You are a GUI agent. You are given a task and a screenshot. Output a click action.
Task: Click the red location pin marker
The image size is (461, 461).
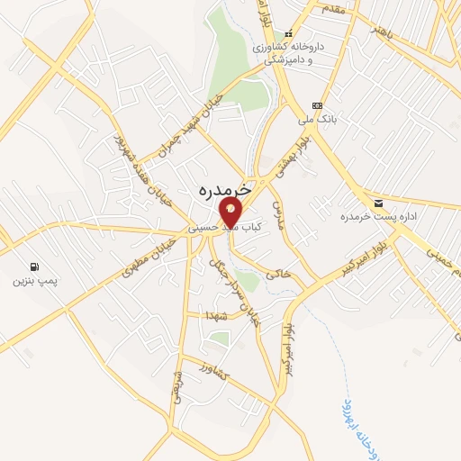point(230,213)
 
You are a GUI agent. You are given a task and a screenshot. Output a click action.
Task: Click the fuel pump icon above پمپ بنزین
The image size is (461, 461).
point(34,267)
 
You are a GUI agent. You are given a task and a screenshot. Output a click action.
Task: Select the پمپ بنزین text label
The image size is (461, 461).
point(34,282)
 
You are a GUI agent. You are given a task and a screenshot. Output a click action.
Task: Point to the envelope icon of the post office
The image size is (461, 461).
point(376,202)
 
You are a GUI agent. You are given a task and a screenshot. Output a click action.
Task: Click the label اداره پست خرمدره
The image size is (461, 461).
point(369,217)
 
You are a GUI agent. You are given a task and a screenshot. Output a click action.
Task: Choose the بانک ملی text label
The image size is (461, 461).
point(317,118)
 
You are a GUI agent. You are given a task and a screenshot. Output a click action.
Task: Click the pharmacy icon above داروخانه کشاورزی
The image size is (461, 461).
point(290,32)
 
